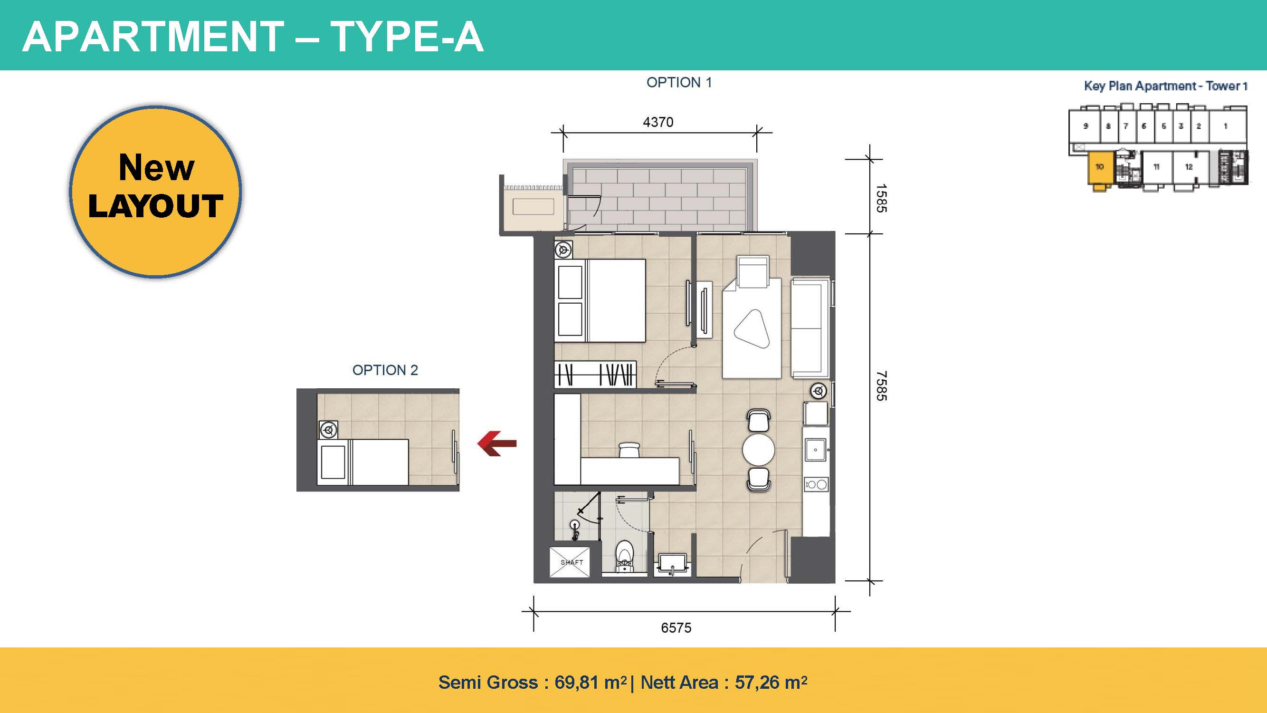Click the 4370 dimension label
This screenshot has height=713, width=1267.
658,122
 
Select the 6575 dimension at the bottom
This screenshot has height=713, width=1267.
676,628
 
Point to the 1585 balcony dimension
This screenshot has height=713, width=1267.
881,198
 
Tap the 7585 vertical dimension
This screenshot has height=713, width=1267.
881,386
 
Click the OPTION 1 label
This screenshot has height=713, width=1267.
679,83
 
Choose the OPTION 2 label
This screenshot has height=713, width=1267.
385,370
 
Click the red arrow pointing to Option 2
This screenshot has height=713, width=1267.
497,443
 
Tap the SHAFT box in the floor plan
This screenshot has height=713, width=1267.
571,562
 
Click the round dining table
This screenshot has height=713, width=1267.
758,450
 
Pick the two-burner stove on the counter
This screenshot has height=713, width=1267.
817,485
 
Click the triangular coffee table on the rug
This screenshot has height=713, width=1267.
752,329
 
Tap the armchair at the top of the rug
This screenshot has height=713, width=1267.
753,271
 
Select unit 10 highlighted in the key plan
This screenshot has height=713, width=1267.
1099,167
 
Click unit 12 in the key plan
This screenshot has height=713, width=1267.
1189,167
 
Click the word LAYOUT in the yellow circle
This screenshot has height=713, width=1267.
155,206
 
